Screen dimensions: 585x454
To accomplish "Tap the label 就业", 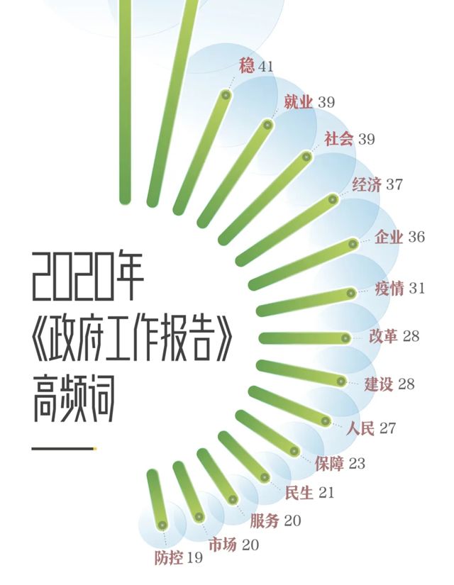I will (x=299, y=103).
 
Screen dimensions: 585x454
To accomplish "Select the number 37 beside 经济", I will (x=394, y=185).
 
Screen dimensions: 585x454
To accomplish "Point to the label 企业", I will (x=389, y=237).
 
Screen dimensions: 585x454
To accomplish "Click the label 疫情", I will (x=389, y=289).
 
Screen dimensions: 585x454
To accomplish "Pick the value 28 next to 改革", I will (x=411, y=336).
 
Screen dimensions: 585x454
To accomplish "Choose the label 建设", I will (x=380, y=385).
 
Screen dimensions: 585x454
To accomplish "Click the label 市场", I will (x=223, y=545).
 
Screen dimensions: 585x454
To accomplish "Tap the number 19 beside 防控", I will (x=194, y=558).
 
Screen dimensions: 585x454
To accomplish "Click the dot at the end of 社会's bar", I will (x=306, y=156).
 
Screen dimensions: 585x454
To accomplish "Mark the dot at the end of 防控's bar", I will (x=162, y=525).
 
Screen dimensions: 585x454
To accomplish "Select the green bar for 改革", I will (x=301, y=338).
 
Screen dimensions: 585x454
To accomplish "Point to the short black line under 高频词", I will (x=64, y=448).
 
